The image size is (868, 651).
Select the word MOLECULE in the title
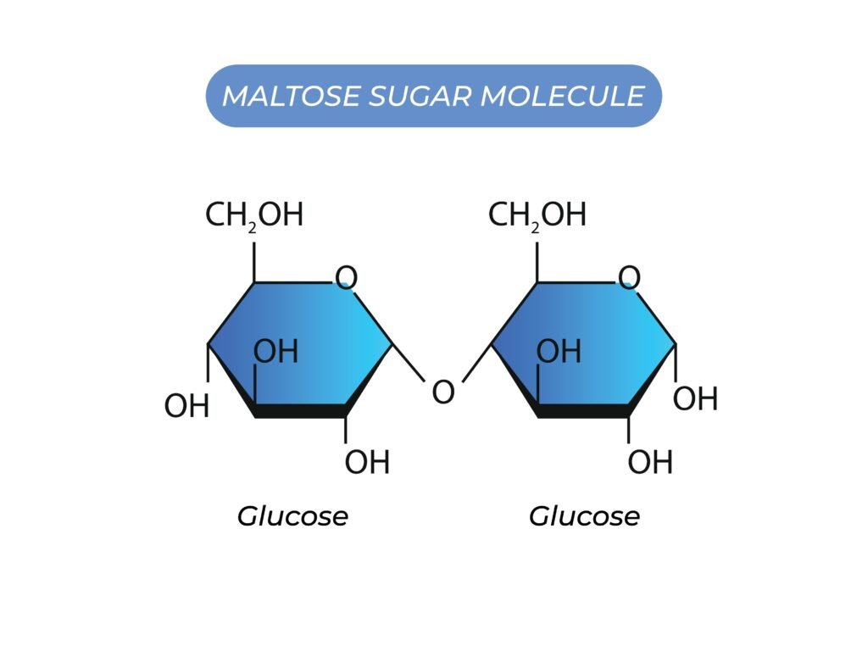coord(562,96)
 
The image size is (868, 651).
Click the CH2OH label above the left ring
coord(254,216)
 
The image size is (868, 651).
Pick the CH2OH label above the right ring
coord(537,216)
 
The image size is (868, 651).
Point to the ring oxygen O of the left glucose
coord(346,278)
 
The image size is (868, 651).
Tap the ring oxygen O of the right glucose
coord(629,278)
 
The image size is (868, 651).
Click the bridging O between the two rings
coord(443,392)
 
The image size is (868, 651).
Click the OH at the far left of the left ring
coord(186,407)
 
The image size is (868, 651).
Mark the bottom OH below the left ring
coord(367,463)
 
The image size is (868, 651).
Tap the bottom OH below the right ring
coord(650,463)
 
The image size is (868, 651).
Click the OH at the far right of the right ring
coord(696,398)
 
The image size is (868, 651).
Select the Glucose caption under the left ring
coord(292,516)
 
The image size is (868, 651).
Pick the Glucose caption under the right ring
coord(585,516)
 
